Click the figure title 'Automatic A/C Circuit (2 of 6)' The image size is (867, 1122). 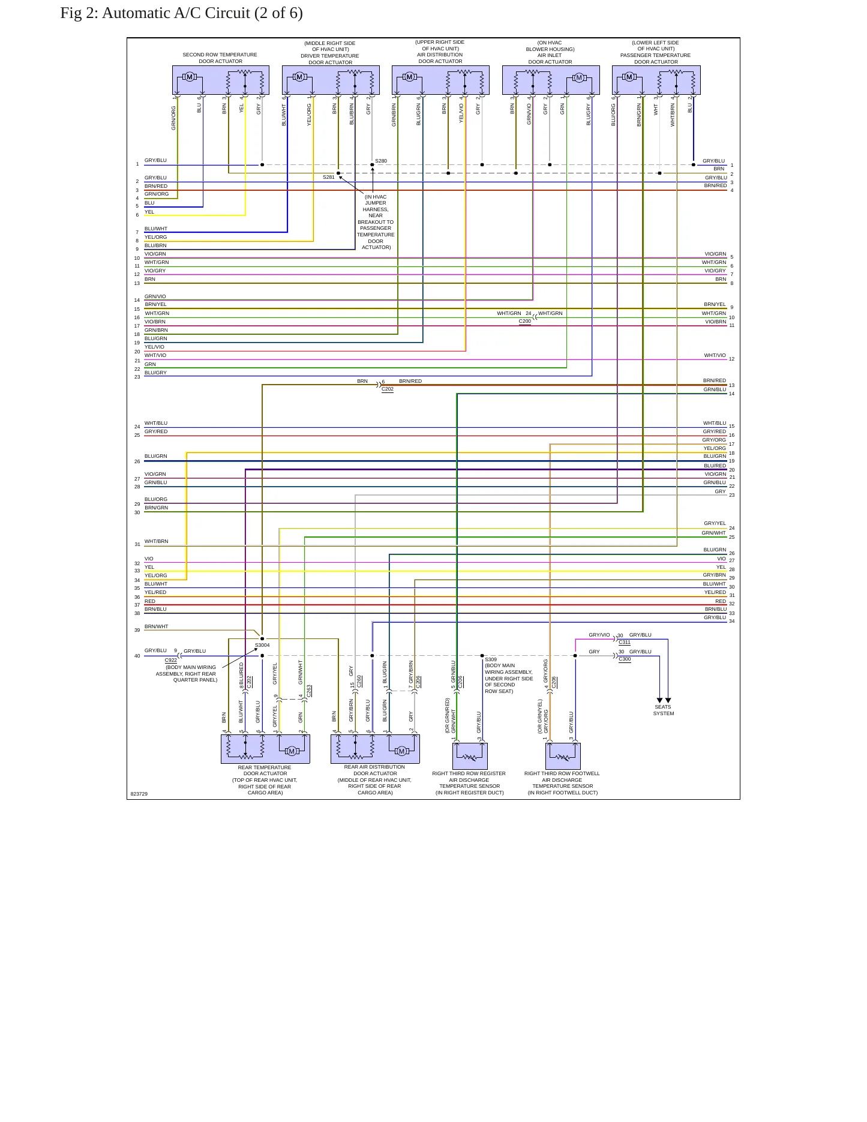point(202,13)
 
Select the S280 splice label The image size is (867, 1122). point(381,161)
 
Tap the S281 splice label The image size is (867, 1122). point(329,177)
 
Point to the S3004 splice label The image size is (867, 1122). point(262,645)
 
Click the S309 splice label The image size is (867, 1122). point(491,659)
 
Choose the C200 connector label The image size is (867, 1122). point(525,321)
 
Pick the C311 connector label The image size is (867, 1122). point(625,642)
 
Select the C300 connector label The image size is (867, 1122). point(625,659)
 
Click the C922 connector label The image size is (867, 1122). point(171,660)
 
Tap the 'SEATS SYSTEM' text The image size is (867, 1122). point(664,710)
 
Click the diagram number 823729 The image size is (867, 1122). point(139,794)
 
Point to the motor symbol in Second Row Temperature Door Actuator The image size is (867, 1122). point(190,77)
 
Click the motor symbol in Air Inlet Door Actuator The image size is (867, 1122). point(579,77)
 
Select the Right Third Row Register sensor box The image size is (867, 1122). point(470,756)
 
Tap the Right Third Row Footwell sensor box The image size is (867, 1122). point(563,756)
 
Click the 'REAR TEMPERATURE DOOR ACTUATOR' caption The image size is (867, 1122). point(265,770)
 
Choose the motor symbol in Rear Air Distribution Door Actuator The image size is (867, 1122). point(402,751)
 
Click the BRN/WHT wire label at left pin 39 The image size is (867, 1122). point(157,626)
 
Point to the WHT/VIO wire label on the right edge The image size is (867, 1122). point(715,355)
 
